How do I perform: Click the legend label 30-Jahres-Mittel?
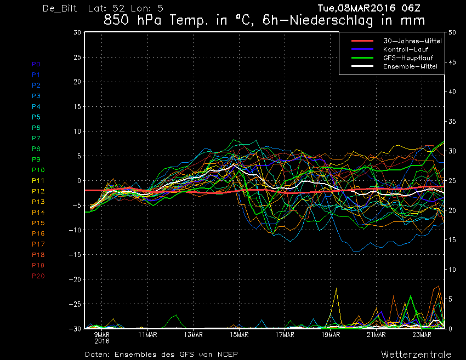point(412,41)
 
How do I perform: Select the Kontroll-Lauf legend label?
point(406,49)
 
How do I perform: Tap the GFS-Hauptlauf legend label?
point(408,58)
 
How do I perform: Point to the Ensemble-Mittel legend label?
point(410,66)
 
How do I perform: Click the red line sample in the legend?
point(362,41)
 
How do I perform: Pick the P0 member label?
point(36,64)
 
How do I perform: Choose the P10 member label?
point(38,170)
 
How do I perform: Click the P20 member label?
point(38,276)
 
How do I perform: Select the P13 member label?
point(38,202)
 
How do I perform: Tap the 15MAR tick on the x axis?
point(239,335)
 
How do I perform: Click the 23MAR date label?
point(422,335)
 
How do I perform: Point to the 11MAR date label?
point(147,335)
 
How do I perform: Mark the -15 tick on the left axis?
point(75,255)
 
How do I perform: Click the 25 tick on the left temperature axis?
point(77,57)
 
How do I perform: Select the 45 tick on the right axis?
point(452,62)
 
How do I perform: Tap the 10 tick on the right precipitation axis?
point(452,270)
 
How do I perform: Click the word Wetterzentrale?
point(416,355)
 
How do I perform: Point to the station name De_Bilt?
point(60,8)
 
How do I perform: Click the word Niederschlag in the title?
point(331,20)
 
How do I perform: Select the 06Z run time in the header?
point(411,8)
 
